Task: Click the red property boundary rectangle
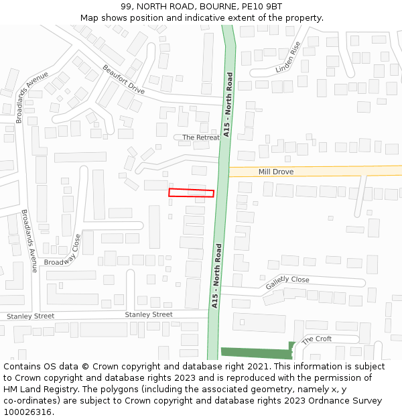191,193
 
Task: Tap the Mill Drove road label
276,172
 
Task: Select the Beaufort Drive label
123,79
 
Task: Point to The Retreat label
201,137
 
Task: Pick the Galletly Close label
287,284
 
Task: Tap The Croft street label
316,340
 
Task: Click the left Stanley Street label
30,316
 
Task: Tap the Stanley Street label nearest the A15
149,314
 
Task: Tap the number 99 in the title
127,7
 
